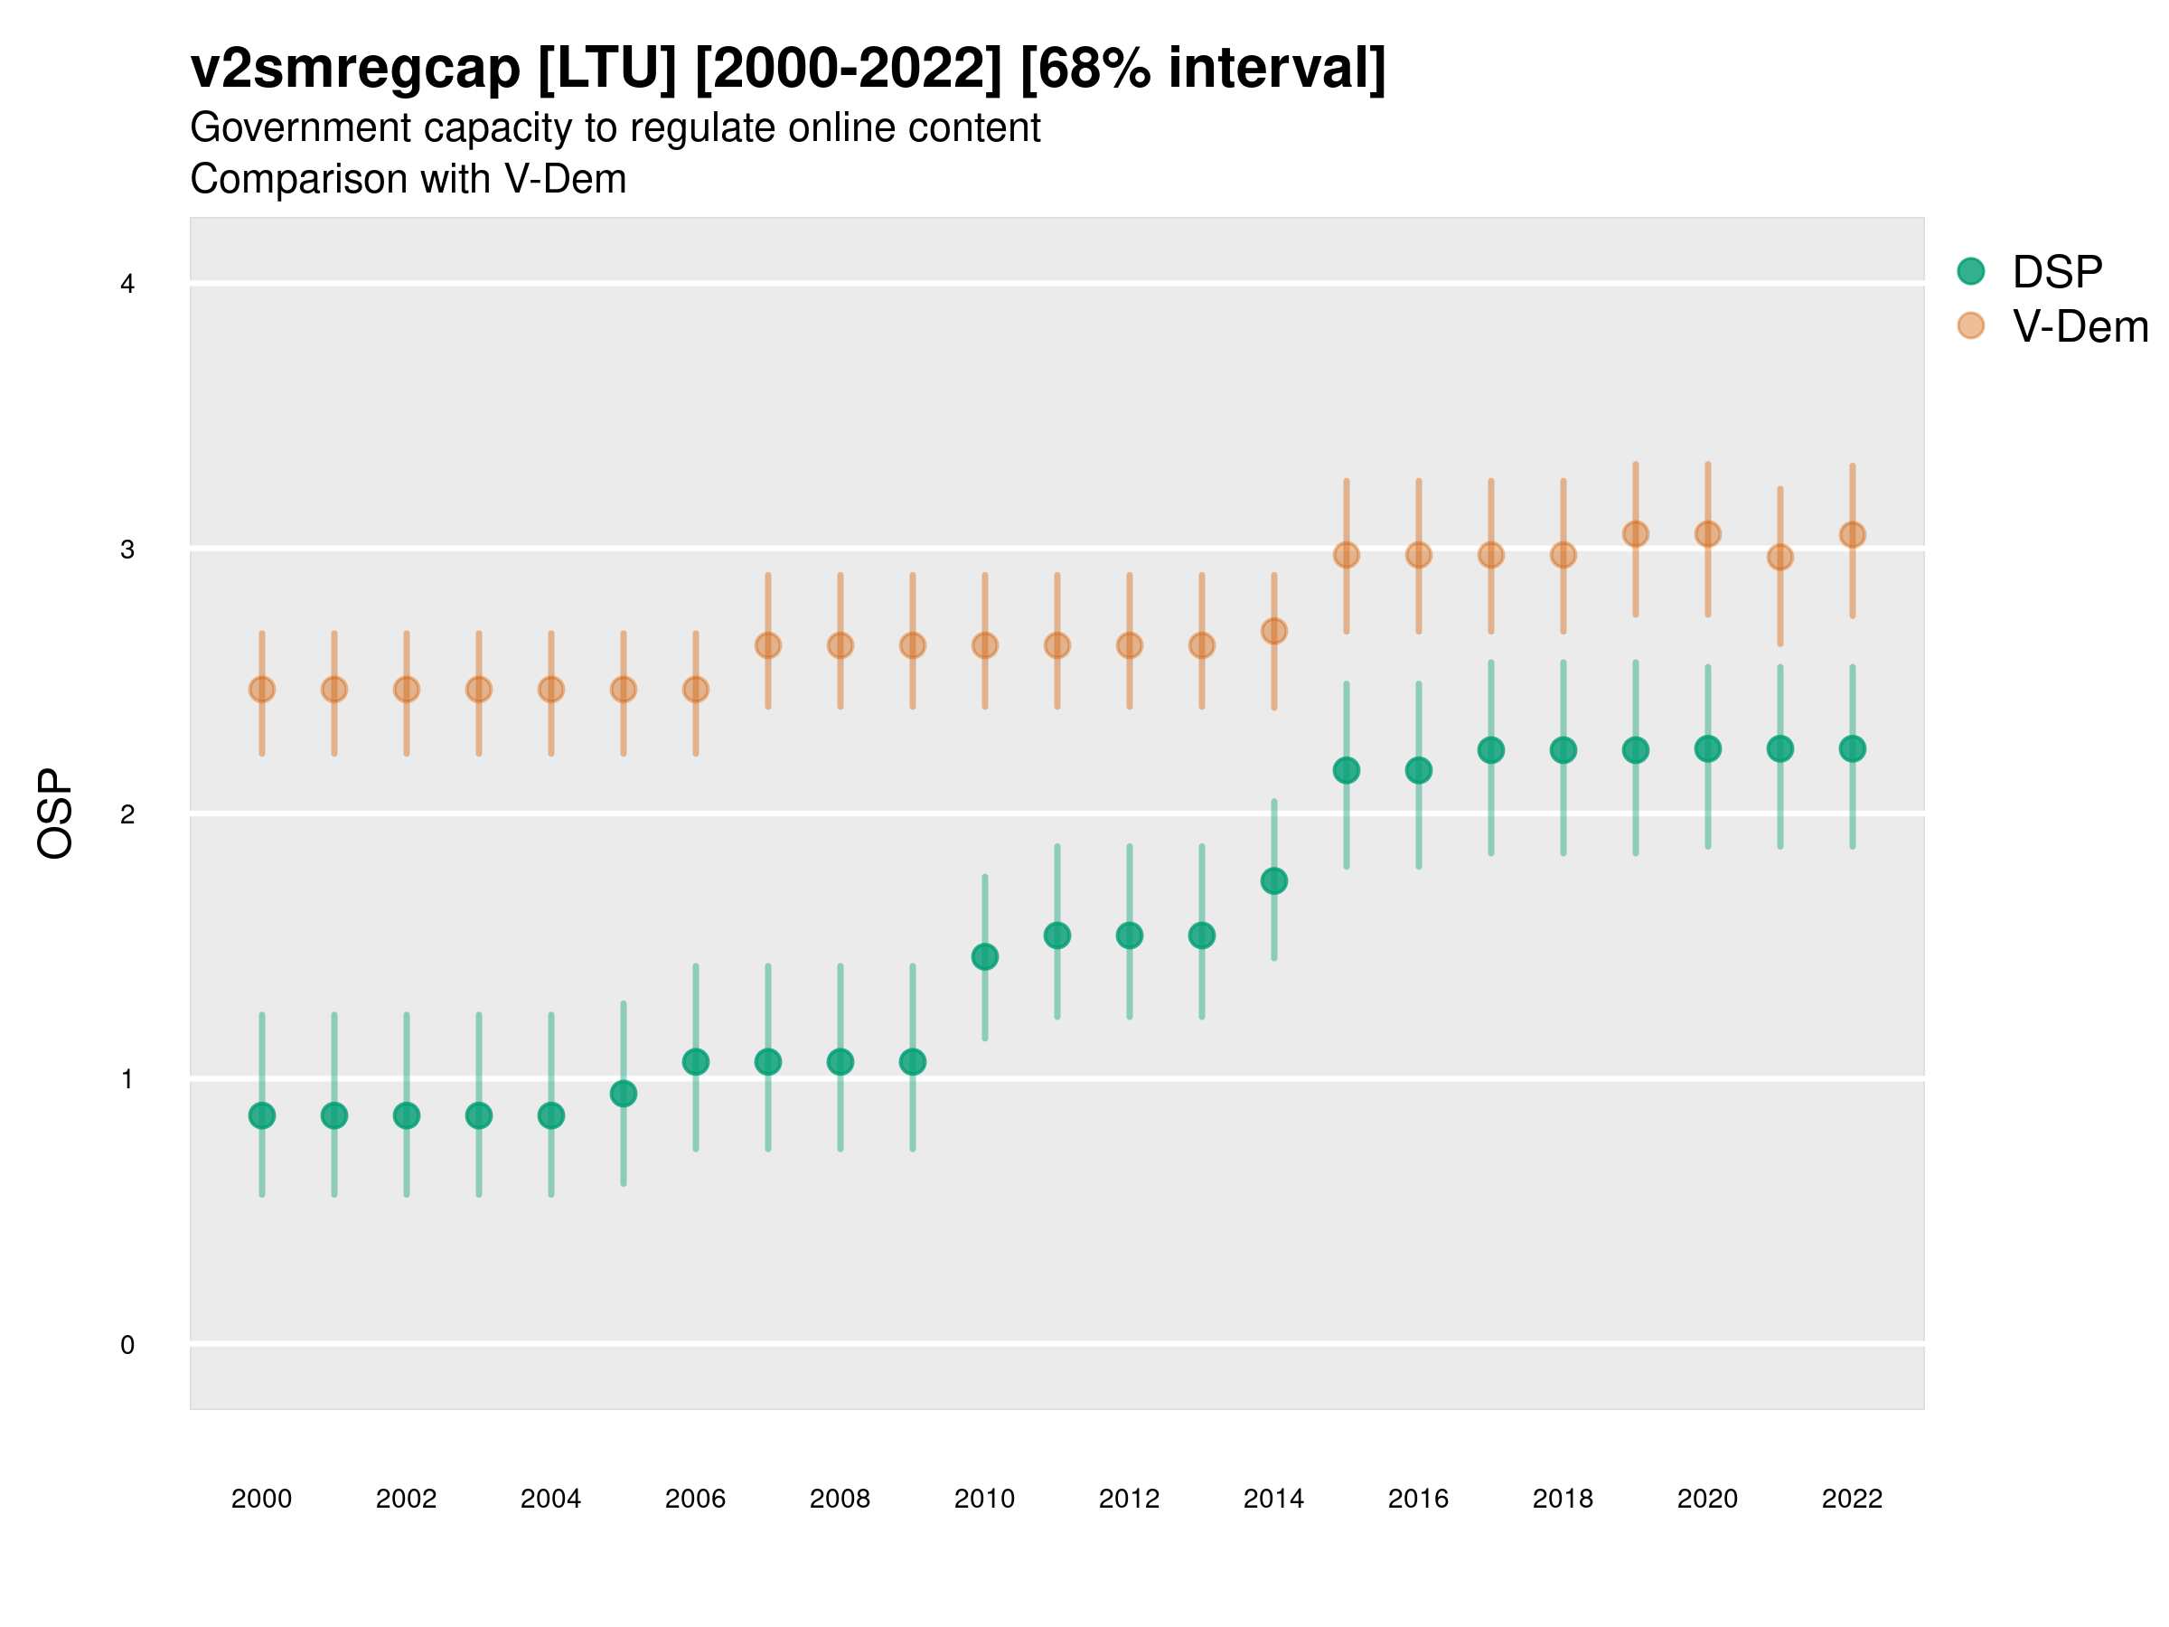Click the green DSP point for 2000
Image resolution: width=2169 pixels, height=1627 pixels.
[x=262, y=1115]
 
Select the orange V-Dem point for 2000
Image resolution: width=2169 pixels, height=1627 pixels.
[x=262, y=690]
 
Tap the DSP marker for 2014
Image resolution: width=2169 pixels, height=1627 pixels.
[x=1273, y=880]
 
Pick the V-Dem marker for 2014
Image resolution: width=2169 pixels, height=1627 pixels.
[x=1273, y=631]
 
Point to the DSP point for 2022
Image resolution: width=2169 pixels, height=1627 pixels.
[x=1853, y=748]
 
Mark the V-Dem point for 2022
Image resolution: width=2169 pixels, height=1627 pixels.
[x=1853, y=534]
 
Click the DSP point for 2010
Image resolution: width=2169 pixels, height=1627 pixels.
[x=984, y=956]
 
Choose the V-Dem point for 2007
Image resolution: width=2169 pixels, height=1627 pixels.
[x=768, y=645]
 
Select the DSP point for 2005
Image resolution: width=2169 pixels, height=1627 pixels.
[x=624, y=1094]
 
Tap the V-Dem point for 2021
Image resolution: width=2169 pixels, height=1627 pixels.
[x=1779, y=557]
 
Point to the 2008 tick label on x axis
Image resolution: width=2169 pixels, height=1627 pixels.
[x=840, y=1499]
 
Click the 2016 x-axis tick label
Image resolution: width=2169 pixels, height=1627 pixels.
[x=1418, y=1499]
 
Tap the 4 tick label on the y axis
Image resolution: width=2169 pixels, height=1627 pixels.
[x=127, y=285]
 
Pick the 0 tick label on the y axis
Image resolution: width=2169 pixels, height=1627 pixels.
[x=127, y=1345]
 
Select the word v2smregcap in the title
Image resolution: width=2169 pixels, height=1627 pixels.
[x=355, y=69]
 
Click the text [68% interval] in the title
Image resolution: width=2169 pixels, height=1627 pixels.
[x=1202, y=69]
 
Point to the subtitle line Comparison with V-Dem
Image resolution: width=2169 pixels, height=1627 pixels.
[x=408, y=180]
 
